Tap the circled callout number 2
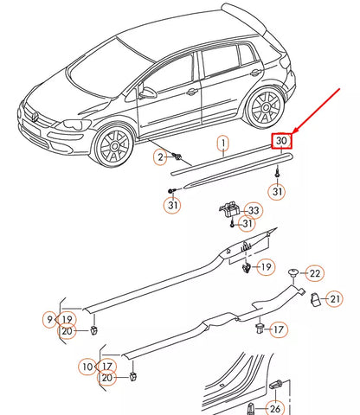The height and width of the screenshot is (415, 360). (x=160, y=156)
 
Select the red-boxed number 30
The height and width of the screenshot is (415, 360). (x=282, y=141)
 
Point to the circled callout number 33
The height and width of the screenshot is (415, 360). (x=253, y=210)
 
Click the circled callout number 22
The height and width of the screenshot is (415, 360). (x=315, y=273)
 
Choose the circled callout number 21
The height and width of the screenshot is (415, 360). (x=336, y=298)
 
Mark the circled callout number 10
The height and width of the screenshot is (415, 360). (x=87, y=365)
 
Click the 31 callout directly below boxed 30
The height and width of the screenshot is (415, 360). (x=277, y=191)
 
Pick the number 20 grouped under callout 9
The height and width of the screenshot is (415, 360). (x=67, y=331)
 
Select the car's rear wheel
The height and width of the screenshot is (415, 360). (x=264, y=105)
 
